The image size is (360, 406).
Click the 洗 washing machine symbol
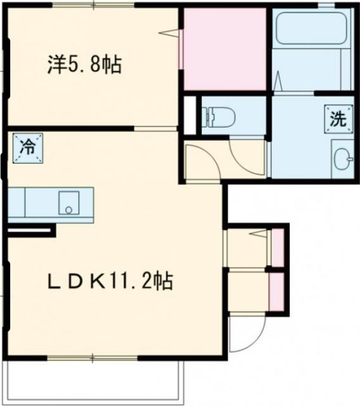(x=338, y=118)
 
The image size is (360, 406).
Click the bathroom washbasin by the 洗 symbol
(x=343, y=159)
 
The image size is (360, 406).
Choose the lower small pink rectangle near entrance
(x=276, y=292)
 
